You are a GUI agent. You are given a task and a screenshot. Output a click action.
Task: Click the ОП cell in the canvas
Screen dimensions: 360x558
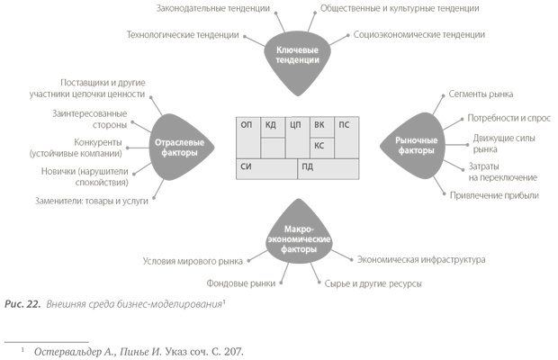click(247, 125)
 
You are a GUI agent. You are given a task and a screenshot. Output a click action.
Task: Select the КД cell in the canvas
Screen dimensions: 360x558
click(270, 125)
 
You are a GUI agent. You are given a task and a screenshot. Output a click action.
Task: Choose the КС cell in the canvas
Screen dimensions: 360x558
click(319, 145)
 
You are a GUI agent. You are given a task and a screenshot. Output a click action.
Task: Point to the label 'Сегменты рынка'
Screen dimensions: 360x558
click(485, 94)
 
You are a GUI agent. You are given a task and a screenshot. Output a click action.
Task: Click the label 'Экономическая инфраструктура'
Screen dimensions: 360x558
click(420, 259)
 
